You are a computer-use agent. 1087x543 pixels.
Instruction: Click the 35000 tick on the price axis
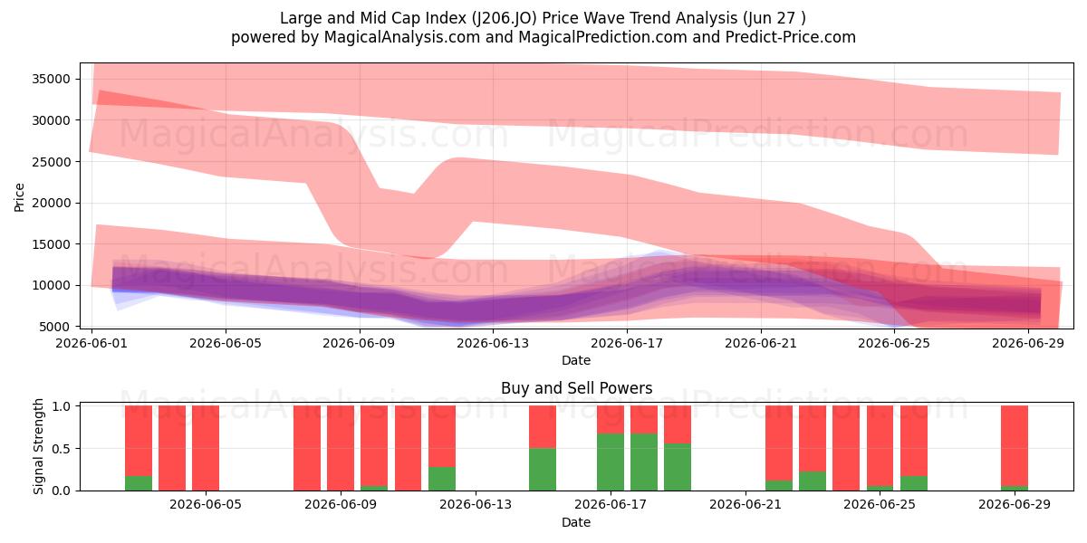coord(51,79)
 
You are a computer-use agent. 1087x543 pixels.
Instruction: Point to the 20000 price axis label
coord(51,203)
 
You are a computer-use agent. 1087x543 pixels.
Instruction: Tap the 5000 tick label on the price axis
coord(54,327)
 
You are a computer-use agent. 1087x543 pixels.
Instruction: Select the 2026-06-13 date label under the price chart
coord(493,343)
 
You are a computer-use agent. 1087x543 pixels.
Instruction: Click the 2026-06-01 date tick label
coord(91,343)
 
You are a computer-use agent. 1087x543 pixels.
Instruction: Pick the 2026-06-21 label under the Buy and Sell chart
coord(746,505)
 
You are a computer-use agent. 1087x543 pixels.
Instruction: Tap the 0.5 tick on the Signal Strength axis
coord(62,449)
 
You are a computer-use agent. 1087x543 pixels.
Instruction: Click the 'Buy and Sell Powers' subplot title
coord(576,388)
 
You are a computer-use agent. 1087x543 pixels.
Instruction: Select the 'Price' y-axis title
coord(19,197)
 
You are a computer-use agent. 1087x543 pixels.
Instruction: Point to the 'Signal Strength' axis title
coord(38,446)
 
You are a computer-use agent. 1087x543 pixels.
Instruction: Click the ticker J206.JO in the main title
coord(505,18)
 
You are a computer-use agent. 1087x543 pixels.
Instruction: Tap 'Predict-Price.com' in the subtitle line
coord(791,37)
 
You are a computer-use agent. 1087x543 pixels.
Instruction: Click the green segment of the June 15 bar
coord(543,470)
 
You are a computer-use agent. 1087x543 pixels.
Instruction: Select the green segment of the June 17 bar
coord(611,462)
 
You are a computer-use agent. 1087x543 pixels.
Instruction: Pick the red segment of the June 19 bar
coord(678,424)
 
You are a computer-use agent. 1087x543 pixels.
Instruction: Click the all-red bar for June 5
coord(206,448)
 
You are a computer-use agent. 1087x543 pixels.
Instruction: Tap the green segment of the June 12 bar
coord(442,479)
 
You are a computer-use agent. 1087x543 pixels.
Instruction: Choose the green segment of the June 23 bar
coord(813,481)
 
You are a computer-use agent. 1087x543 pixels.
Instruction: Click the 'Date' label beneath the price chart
coord(576,360)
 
